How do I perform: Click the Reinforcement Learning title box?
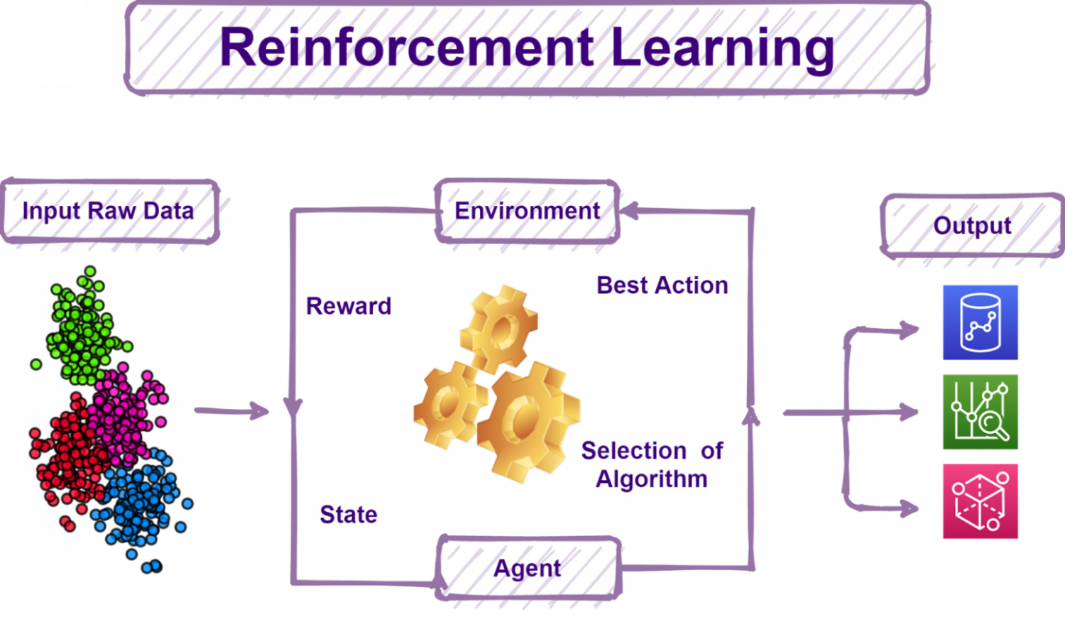[x=528, y=48]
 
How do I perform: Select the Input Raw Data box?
[x=109, y=211]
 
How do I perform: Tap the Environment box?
[x=527, y=211]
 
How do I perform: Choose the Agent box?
[x=528, y=568]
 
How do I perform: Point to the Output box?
[x=971, y=226]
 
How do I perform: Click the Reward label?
[x=349, y=306]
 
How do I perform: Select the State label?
[x=348, y=514]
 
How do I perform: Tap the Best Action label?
[x=662, y=285]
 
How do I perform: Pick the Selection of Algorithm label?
[x=652, y=464]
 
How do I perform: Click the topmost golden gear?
[x=499, y=329]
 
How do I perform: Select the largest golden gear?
[x=529, y=420]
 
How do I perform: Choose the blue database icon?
[x=980, y=322]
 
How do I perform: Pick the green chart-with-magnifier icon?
[x=980, y=412]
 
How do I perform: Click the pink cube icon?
[x=980, y=501]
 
